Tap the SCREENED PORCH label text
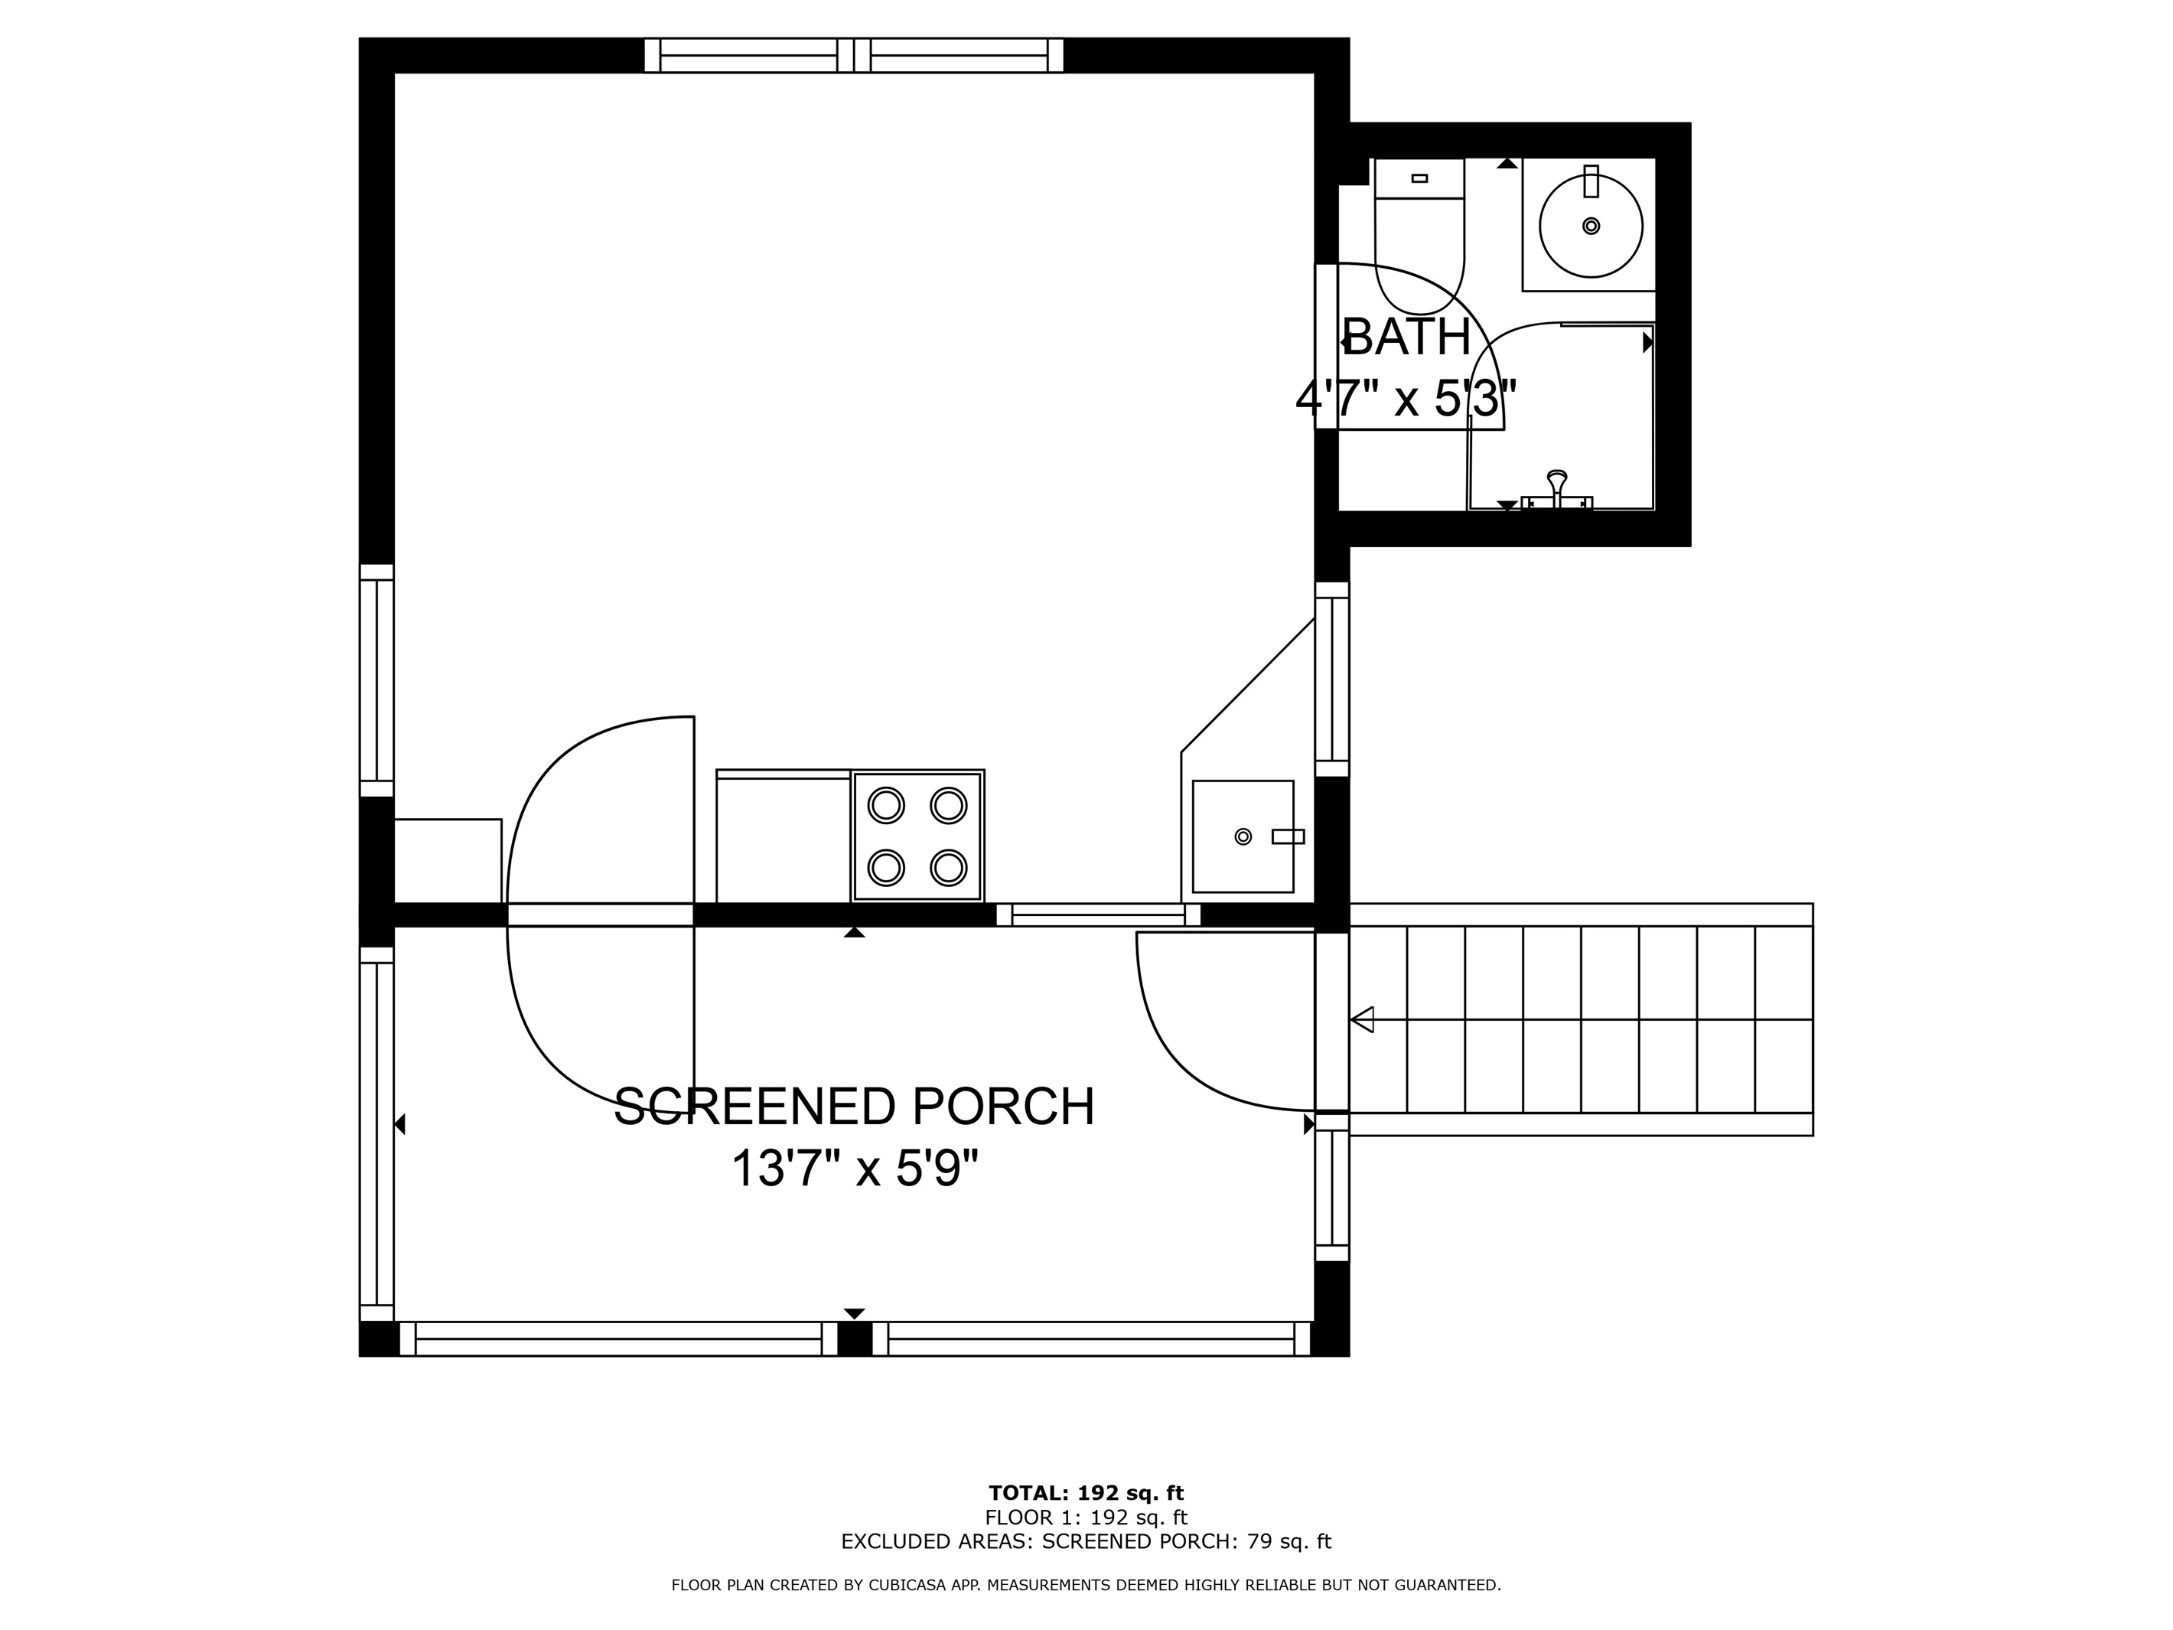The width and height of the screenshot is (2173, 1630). [x=854, y=1107]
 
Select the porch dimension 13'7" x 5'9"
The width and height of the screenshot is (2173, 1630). [x=855, y=1169]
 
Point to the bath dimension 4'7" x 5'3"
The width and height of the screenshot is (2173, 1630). [x=1407, y=399]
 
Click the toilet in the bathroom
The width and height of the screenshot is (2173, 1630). [x=1419, y=236]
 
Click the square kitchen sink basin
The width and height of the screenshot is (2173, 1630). [x=1243, y=836]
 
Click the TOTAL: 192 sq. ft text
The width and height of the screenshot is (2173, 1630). [x=1086, y=1495]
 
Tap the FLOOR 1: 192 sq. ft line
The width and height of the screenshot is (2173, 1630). [x=1086, y=1518]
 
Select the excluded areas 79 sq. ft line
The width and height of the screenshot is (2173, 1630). [x=1086, y=1541]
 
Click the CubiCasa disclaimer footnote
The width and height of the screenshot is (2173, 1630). [x=1086, y=1585]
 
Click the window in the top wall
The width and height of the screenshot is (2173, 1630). [x=854, y=55]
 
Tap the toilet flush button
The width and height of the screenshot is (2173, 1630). [x=1419, y=178]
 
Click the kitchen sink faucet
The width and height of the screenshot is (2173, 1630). [x=1288, y=836]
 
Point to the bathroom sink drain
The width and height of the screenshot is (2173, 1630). [x=1591, y=226]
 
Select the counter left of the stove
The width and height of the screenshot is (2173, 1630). [x=783, y=836]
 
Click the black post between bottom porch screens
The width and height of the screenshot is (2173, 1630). [x=855, y=1339]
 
